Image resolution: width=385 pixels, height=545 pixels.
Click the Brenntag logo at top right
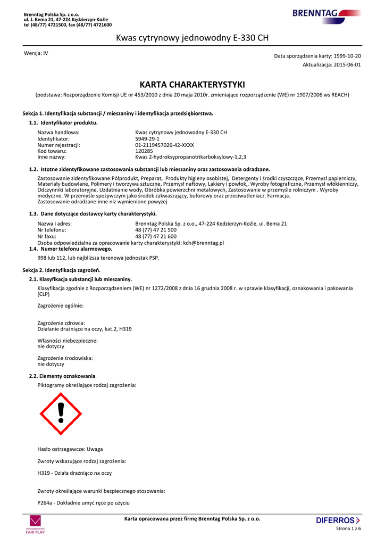tap(325, 13)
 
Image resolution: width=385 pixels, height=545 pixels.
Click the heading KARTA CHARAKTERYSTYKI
tap(192, 85)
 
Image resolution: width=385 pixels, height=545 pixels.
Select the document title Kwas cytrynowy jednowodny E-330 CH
tap(192, 38)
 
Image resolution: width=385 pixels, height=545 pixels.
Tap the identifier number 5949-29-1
tap(147, 138)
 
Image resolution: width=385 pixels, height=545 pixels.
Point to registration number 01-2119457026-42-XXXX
tap(165, 145)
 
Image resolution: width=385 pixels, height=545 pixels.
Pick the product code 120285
tap(145, 151)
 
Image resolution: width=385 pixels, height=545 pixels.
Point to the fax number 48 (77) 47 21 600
tap(156, 236)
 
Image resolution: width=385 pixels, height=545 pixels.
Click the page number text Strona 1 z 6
tap(348, 529)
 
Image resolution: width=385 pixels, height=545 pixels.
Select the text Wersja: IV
tap(36, 54)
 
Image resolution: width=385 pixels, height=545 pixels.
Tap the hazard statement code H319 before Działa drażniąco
tap(44, 473)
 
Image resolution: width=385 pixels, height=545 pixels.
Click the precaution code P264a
tap(45, 502)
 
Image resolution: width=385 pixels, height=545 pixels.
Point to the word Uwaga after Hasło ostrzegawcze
tap(95, 449)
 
